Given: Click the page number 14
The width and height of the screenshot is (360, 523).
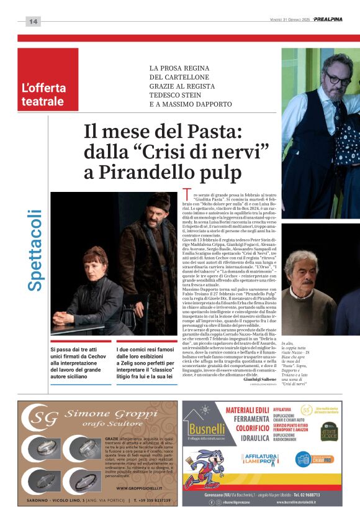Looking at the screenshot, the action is [x=33, y=22].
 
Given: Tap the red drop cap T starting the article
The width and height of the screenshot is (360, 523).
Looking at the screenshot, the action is [x=187, y=196].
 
